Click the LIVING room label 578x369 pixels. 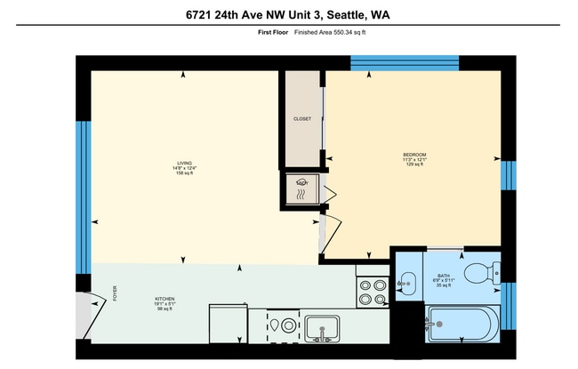pyautogui.click(x=184, y=163)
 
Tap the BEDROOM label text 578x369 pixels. pyautogui.click(x=414, y=155)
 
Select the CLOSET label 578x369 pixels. pyautogui.click(x=302, y=119)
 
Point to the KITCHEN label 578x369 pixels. pyautogui.click(x=165, y=299)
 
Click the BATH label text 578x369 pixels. pyautogui.click(x=442, y=276)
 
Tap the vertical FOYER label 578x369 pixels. pyautogui.click(x=115, y=293)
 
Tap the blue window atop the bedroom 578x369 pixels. pyautogui.click(x=404, y=62)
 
